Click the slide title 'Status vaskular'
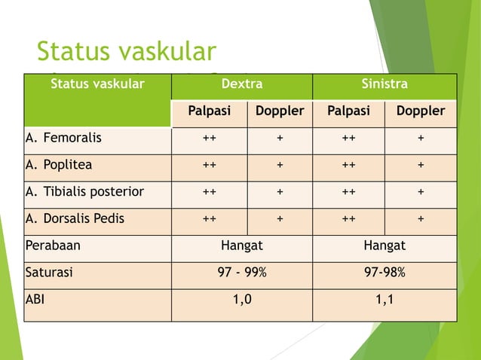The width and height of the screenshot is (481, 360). pos(126,51)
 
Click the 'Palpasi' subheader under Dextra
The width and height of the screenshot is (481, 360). pos(209,111)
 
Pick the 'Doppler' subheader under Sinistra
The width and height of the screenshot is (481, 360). pos(421,111)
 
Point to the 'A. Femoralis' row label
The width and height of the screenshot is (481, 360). pos(64,139)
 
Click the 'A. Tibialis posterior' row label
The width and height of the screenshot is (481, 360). pos(84,192)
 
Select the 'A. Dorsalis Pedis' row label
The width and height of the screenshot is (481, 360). pos(75,219)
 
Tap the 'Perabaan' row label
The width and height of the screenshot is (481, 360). pos(53,246)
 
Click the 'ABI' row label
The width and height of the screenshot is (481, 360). pos(35,299)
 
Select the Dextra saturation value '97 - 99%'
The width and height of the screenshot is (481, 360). pos(242,273)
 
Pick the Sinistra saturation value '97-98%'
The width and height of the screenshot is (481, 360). pos(384,273)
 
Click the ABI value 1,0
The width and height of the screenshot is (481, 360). pos(242,300)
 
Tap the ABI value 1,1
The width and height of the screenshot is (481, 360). pos(384,300)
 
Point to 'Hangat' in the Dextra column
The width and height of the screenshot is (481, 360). pos(242,246)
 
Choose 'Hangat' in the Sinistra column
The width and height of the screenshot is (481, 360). pos(384,246)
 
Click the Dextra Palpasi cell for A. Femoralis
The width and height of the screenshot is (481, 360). pos(209,139)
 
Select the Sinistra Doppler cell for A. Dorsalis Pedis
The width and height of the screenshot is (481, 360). pos(421,219)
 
